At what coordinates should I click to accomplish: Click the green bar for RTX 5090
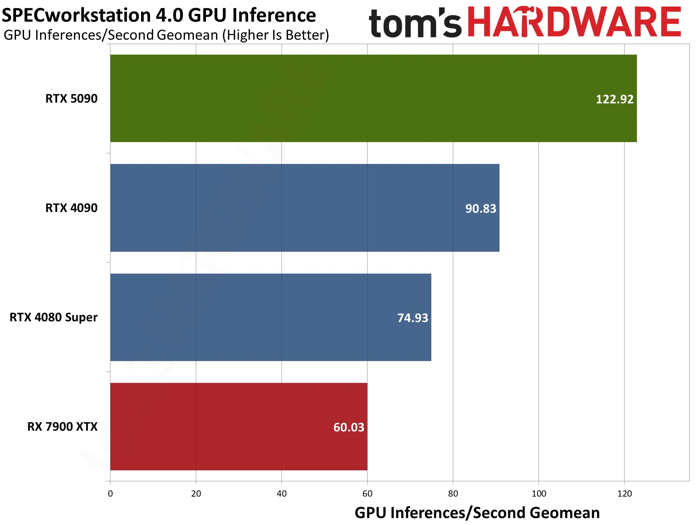(373, 98)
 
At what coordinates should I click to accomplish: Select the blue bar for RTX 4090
(305, 208)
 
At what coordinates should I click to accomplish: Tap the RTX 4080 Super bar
(271, 317)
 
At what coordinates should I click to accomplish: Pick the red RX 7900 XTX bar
(239, 427)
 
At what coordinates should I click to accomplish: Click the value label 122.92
(615, 99)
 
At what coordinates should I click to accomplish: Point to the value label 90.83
(481, 208)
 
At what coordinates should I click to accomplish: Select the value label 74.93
(413, 318)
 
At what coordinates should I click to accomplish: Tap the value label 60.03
(349, 427)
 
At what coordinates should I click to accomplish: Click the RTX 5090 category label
(71, 98)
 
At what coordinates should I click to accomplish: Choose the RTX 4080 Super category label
(54, 317)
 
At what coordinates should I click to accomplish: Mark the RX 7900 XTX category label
(62, 427)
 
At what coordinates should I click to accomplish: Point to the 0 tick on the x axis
(110, 494)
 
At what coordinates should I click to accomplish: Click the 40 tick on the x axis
(282, 494)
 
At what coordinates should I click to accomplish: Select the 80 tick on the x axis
(453, 494)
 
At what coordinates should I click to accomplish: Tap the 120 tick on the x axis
(625, 494)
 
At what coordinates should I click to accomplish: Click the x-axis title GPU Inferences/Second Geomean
(477, 513)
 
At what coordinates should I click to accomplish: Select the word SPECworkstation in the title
(76, 16)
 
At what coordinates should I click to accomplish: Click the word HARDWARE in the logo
(574, 22)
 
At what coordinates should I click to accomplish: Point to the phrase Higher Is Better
(276, 35)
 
